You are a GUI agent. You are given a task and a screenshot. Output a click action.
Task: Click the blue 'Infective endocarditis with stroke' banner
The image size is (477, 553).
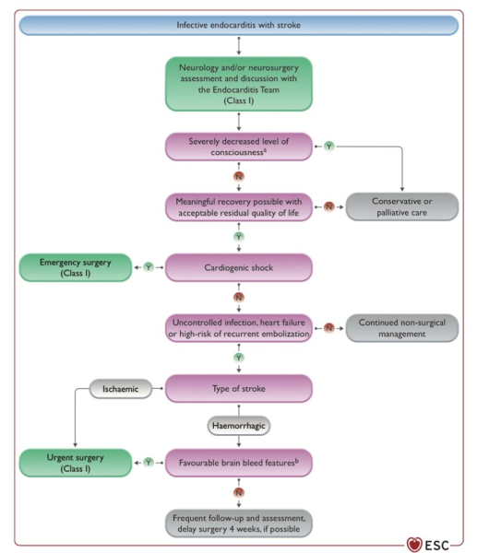click(x=239, y=25)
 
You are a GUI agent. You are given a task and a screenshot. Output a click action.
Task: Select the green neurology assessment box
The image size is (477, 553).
click(x=239, y=84)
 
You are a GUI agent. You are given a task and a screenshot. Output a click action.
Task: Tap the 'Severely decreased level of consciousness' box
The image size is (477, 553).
click(x=239, y=147)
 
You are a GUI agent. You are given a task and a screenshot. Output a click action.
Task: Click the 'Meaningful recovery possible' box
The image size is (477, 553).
click(x=239, y=207)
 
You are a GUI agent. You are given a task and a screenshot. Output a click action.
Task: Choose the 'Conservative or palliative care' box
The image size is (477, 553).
click(x=402, y=206)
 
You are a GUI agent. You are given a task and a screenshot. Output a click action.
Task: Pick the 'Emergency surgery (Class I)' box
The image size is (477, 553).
click(x=76, y=267)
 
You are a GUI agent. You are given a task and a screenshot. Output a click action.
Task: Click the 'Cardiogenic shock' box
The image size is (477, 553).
click(x=239, y=267)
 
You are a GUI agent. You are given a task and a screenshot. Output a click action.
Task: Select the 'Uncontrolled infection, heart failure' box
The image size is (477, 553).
click(x=239, y=328)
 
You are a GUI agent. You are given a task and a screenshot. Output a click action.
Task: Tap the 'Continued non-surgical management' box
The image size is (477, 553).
click(x=402, y=328)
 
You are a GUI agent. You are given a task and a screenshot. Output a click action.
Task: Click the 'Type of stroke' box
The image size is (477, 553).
click(x=239, y=389)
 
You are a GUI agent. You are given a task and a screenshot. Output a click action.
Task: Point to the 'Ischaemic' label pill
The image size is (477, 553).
click(x=120, y=389)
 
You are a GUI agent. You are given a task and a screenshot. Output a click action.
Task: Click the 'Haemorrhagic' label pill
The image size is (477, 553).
click(x=239, y=426)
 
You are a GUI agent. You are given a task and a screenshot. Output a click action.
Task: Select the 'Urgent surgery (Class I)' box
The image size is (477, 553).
click(x=76, y=463)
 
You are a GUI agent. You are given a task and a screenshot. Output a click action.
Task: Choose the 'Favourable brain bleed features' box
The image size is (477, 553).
click(x=239, y=463)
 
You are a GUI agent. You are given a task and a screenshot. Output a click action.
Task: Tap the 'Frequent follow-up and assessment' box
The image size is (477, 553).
click(x=239, y=524)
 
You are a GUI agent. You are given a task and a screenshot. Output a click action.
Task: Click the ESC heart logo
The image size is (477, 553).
click(x=414, y=545)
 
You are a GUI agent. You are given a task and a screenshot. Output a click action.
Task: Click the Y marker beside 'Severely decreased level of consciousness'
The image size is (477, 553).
click(x=329, y=146)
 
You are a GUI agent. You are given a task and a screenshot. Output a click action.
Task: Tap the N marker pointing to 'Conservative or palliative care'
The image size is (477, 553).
click(x=329, y=206)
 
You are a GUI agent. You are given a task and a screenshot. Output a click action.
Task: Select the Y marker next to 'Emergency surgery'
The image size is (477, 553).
click(x=149, y=267)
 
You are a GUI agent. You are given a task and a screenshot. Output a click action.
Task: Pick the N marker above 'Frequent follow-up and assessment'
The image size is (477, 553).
click(x=239, y=493)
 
